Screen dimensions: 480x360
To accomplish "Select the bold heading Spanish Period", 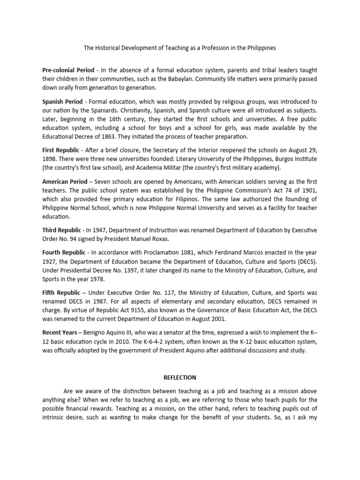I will pos(62,102).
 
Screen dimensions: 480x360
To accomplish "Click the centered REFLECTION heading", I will pos(180,377).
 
